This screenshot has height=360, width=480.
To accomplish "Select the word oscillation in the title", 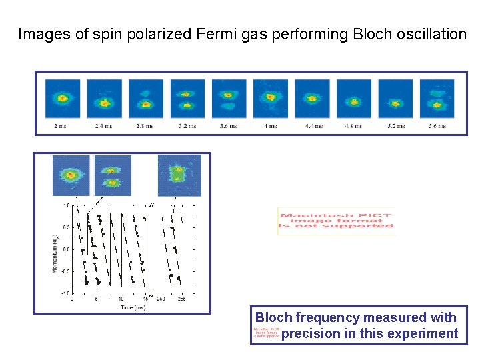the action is pyautogui.click(x=431, y=33).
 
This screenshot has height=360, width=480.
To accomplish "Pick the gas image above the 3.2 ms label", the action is pyautogui.click(x=187, y=99).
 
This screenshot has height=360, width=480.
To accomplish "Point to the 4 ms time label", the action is pyautogui.click(x=270, y=126).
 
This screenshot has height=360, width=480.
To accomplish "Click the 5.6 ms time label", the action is pyautogui.click(x=437, y=126).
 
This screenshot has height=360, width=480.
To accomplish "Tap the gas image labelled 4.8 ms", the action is pyautogui.click(x=353, y=99).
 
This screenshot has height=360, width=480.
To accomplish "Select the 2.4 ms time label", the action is pyautogui.click(x=104, y=126).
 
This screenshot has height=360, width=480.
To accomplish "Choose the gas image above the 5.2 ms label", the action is pyautogui.click(x=395, y=99).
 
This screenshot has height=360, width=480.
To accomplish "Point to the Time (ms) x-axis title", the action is pyautogui.click(x=134, y=307).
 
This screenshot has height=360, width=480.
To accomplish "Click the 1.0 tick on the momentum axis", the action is pyautogui.click(x=67, y=205).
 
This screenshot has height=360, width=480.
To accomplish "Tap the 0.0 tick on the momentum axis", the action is pyautogui.click(x=67, y=249).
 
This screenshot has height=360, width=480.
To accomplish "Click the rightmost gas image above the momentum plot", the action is pyautogui.click(x=179, y=175).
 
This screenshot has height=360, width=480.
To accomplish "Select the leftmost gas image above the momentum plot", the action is pyautogui.click(x=71, y=175).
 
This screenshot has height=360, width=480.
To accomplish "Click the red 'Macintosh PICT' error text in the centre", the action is pyautogui.click(x=336, y=221).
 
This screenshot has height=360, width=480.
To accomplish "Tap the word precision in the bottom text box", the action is pyautogui.click(x=311, y=334).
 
